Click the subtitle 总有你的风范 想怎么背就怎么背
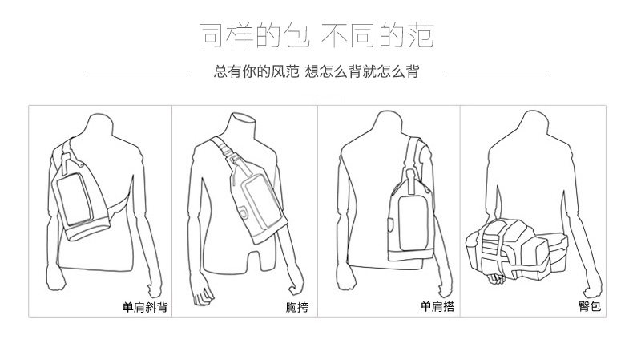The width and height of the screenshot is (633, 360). (316, 71)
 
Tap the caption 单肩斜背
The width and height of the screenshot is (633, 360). (145, 305)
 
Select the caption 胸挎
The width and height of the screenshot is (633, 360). (296, 305)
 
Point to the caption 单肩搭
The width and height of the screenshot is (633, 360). (437, 305)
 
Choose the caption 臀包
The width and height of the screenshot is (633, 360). (589, 305)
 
